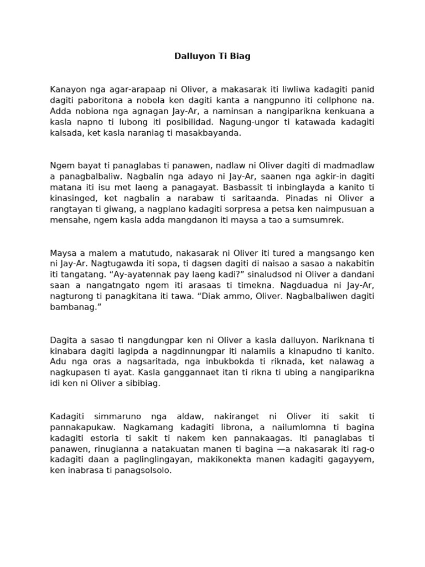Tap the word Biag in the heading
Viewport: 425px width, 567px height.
tap(241, 56)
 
